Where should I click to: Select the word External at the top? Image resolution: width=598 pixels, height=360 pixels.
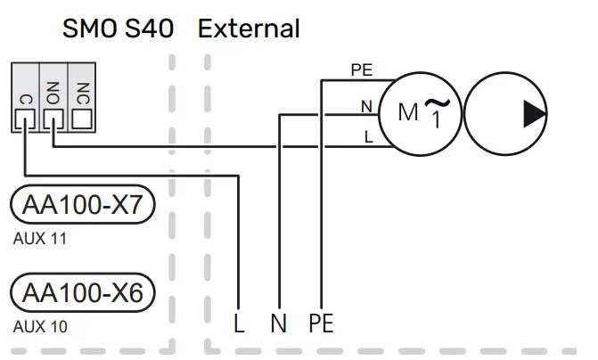coord(249,29)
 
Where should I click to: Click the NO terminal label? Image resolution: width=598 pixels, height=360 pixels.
coord(53,92)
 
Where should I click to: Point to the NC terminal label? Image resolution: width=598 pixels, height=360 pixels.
coord(82,92)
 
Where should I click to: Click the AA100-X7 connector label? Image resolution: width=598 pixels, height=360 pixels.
coord(83,207)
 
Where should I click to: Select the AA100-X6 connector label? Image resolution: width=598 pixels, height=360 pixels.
coord(83,292)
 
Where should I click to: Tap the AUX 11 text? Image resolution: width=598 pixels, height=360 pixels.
coord(40,239)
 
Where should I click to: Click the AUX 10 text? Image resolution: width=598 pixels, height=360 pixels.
coord(40,326)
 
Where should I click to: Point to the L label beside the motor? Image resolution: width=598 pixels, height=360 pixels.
coord(367,136)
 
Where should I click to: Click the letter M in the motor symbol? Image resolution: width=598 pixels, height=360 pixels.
coord(407,113)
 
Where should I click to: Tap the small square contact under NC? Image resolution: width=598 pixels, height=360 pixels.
coord(82,118)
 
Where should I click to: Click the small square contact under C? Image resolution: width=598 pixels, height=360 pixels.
coord(25,118)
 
